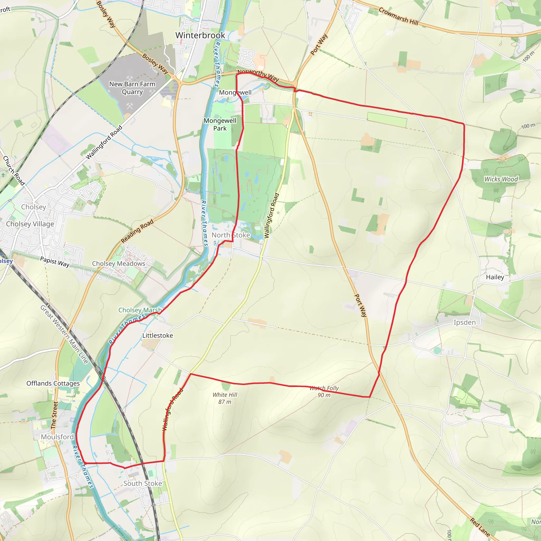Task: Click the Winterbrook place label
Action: click(200, 35)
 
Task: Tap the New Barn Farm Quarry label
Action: click(132, 88)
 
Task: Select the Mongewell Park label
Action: click(220, 124)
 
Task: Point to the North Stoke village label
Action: click(230, 235)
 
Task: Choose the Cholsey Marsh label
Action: click(140, 310)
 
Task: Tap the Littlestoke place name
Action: click(158, 335)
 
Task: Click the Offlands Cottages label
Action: click(53, 383)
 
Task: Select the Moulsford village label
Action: click(57, 437)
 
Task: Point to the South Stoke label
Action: click(143, 483)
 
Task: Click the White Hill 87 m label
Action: click(225, 398)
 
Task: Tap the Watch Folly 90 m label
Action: click(324, 391)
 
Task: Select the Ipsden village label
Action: click(465, 322)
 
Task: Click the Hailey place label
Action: click(495, 277)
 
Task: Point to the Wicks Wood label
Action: click(501, 179)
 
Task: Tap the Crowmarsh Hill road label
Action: click(398, 16)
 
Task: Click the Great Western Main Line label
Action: click(64, 334)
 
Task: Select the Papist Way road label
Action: click(55, 262)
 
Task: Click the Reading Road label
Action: click(137, 231)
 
